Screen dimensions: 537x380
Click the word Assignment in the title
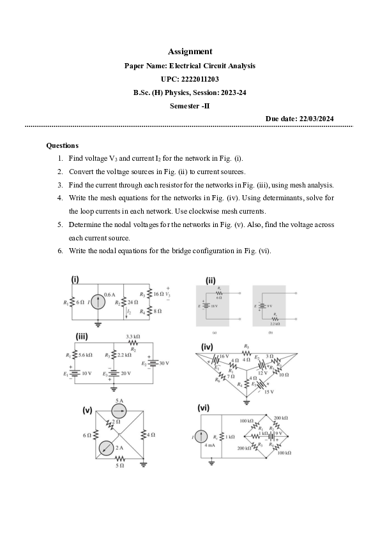click(x=190, y=51)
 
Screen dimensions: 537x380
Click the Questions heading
click(x=63, y=145)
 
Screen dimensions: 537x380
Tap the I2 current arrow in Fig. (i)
click(x=128, y=311)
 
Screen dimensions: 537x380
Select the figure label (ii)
click(x=210, y=280)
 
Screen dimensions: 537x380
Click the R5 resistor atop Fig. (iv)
click(x=247, y=351)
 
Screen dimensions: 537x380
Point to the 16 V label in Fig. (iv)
click(x=224, y=356)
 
